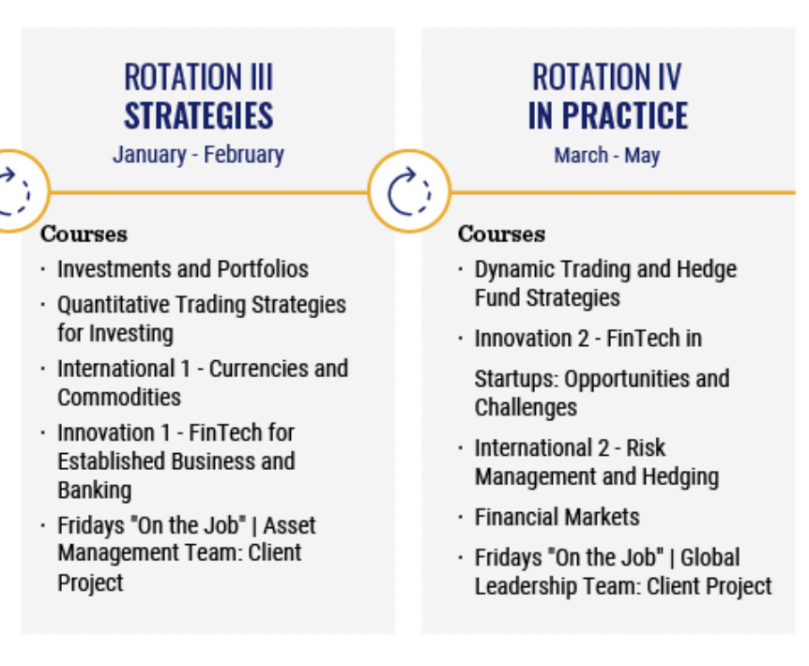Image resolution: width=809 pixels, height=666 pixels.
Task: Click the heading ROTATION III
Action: [x=199, y=77]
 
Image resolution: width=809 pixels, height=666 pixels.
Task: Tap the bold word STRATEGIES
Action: [x=199, y=115]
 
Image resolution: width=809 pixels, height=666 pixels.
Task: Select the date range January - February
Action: [x=199, y=155]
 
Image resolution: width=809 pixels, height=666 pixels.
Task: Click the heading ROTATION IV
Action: [x=607, y=77]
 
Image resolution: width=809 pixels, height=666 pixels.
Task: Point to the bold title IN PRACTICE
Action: [x=608, y=115]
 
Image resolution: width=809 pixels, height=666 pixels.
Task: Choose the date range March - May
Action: [x=607, y=155]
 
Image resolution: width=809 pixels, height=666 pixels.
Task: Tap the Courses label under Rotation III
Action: [x=84, y=234]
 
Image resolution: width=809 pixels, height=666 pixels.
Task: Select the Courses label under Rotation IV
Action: [x=501, y=234]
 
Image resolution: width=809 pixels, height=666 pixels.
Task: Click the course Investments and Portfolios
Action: [x=183, y=269]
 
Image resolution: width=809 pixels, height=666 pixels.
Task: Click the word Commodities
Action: [x=119, y=398]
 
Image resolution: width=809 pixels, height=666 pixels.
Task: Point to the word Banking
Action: [x=95, y=491]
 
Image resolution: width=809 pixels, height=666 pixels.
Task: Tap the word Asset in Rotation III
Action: [x=289, y=526]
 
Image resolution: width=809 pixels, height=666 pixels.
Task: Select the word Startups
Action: [x=516, y=379]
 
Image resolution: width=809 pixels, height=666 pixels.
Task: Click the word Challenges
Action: [x=526, y=408]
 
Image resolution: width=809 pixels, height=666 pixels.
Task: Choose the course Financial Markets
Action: [x=557, y=517]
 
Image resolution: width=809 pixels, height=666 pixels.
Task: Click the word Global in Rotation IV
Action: [x=710, y=558]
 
